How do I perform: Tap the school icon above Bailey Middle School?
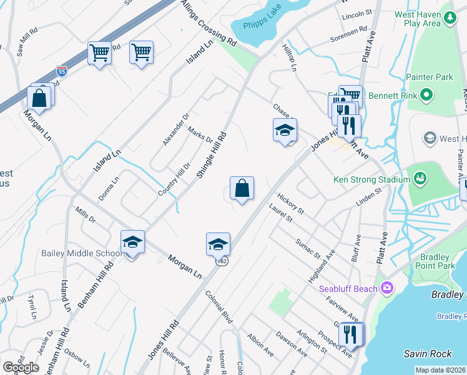tap(132, 242)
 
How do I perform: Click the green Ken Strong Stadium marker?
tap(421, 179)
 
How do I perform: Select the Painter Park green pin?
tap(426, 95)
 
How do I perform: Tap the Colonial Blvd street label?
tap(219, 309)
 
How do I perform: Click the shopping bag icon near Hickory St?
tap(242, 187)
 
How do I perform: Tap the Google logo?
tap(21, 367)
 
